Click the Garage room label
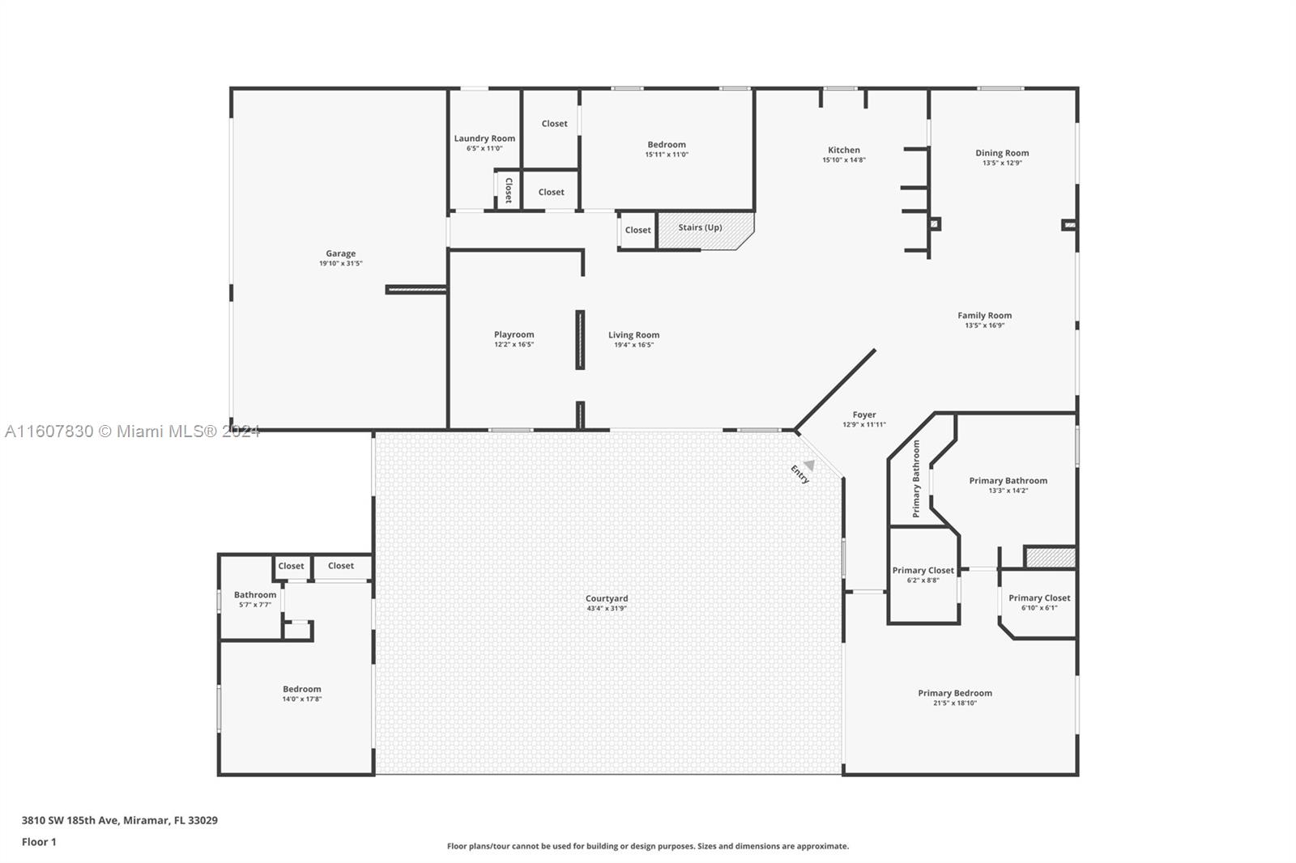click(x=341, y=253)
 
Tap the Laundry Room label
click(x=484, y=138)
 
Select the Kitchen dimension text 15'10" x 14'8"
click(x=844, y=160)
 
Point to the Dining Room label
click(x=1002, y=153)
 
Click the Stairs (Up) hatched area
click(x=706, y=230)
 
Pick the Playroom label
click(x=514, y=334)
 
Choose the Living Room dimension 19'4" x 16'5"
click(x=634, y=345)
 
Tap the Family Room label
click(x=985, y=315)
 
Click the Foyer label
click(x=864, y=414)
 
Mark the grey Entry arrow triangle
click(x=809, y=465)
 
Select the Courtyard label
click(x=607, y=598)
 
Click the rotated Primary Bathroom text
click(x=916, y=479)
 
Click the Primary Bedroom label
click(x=955, y=693)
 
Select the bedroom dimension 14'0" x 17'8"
click(x=302, y=699)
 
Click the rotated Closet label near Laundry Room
click(x=509, y=190)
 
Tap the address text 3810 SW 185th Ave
click(x=70, y=819)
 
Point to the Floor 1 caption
click(x=39, y=842)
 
